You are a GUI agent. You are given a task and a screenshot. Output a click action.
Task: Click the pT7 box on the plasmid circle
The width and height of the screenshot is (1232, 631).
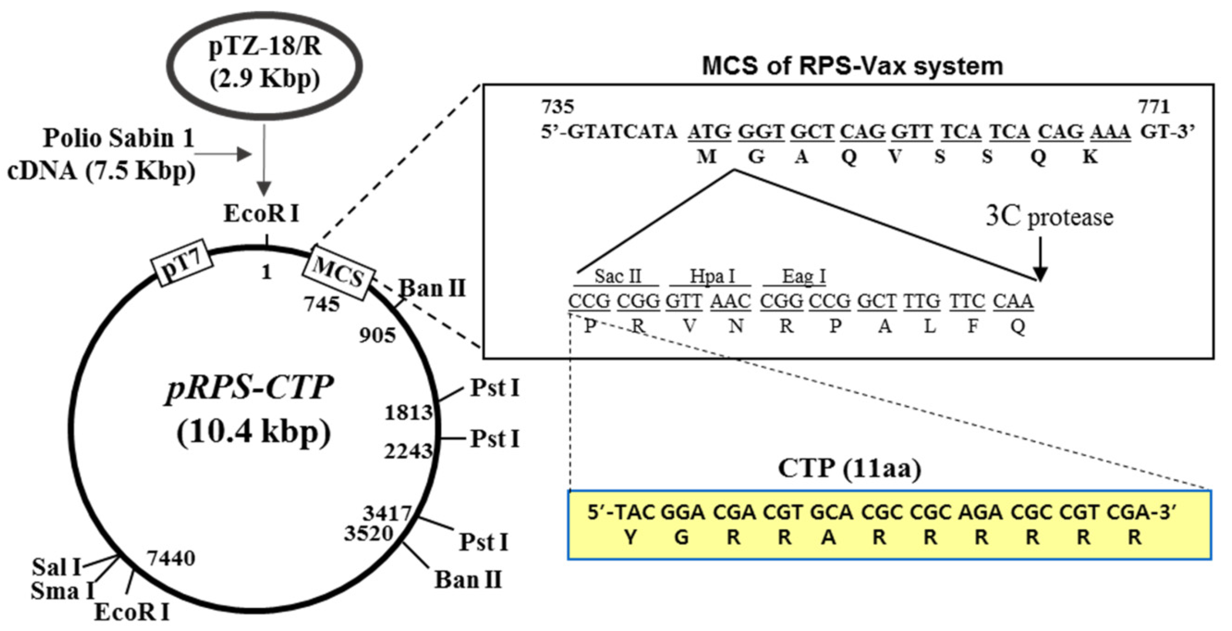coord(182,263)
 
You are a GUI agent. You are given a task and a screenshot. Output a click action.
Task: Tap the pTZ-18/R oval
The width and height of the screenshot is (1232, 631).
coord(264,66)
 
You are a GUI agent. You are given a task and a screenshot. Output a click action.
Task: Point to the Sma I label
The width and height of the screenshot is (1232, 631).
coord(62,591)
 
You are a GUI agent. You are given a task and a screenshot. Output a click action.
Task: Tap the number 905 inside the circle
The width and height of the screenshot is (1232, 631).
coord(377,336)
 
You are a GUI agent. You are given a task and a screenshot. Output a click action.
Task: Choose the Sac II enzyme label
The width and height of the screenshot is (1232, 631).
coord(617,277)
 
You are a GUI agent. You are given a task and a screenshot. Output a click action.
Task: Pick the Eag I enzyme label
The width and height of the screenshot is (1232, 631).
coord(803,277)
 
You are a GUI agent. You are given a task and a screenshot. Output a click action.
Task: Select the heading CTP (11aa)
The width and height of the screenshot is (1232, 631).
coord(849,468)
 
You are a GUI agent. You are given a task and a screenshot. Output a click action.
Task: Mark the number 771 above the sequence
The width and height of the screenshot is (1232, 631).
coord(1154,106)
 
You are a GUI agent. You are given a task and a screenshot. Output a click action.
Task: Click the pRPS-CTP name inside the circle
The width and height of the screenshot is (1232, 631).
coord(249,388)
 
